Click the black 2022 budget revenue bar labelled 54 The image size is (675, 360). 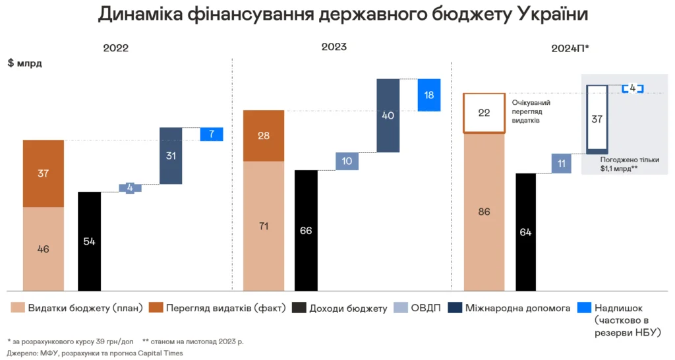pos(89,241)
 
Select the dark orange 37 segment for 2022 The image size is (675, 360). pos(44,173)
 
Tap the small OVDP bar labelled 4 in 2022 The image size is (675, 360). pos(130,188)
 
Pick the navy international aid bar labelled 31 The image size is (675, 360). pos(171,156)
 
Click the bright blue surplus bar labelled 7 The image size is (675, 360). pos(212,135)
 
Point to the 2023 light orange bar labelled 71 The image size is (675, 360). pos(264,226)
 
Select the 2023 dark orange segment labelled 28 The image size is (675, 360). pos(264,136)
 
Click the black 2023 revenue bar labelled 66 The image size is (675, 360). pos(306,230)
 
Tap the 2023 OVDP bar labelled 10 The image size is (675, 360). pos(347,162)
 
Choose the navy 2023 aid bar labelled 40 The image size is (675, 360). pos(388,115)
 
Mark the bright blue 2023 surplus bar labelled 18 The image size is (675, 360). pos(429,95)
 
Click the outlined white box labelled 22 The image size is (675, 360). pos(484,113)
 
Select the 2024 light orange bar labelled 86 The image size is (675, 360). pos(484,212)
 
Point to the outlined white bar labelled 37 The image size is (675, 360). pos(598,119)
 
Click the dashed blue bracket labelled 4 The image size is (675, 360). pos(632,88)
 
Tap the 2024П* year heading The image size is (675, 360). pos(570,49)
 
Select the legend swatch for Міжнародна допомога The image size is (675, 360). pos(455,308)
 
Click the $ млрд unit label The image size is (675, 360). pos(24,63)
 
